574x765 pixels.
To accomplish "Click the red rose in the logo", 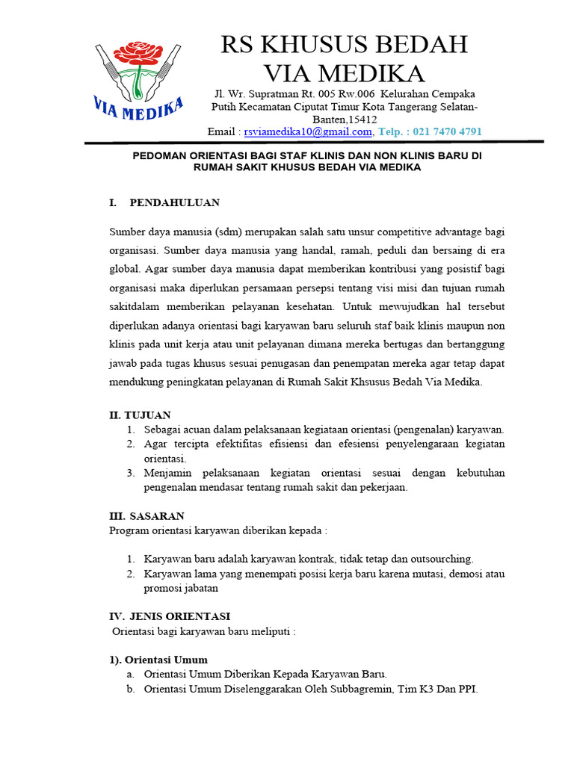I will pyautogui.click(x=138, y=53).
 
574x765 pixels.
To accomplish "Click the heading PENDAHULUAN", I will pyautogui.click(x=174, y=202).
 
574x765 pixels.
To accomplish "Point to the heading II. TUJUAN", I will pyautogui.click(x=140, y=415).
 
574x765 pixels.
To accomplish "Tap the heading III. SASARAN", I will pyautogui.click(x=146, y=515).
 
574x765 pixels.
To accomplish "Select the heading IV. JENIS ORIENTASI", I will pyautogui.click(x=170, y=616).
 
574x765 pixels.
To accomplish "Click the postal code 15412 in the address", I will pyautogui.click(x=362, y=120).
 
